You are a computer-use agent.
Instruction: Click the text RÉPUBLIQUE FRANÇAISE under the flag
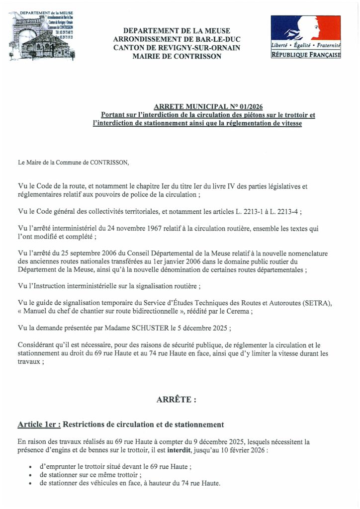305,55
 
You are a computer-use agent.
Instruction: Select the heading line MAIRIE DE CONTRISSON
177,56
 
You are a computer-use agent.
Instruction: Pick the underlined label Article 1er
39,424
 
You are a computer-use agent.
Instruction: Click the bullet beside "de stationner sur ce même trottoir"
31,475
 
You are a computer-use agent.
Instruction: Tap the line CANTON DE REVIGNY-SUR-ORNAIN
177,48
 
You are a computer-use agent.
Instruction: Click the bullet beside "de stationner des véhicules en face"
31,484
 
